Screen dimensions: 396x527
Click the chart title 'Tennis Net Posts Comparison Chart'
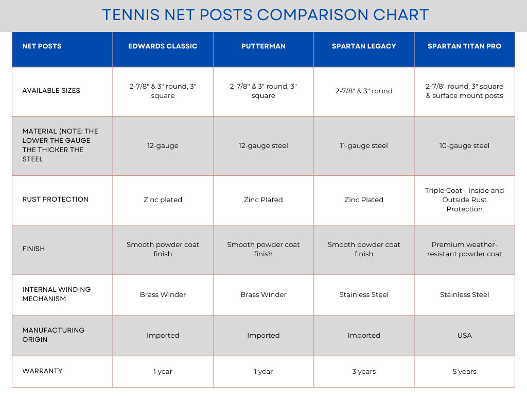265,14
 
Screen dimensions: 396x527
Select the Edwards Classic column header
163,46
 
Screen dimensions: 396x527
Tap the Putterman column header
263,46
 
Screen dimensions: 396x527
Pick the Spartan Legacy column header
364,46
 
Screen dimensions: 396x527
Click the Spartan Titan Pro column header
464,46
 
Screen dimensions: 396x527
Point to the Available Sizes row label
51,91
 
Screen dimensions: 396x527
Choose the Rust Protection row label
55,200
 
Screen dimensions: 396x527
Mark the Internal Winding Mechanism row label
56,294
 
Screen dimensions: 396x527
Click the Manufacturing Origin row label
53,335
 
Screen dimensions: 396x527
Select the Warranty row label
42,371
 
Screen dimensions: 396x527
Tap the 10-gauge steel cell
464,146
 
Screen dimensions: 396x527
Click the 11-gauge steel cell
364,146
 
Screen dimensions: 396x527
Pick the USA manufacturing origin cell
464,335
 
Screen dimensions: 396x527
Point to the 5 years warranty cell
464,371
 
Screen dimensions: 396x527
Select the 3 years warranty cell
364,371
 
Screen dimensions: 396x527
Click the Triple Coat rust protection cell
464,200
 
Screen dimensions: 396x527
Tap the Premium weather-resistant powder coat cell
464,249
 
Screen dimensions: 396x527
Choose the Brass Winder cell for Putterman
263,294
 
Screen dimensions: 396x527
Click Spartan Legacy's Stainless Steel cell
364,294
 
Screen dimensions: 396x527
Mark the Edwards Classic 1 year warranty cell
163,371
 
